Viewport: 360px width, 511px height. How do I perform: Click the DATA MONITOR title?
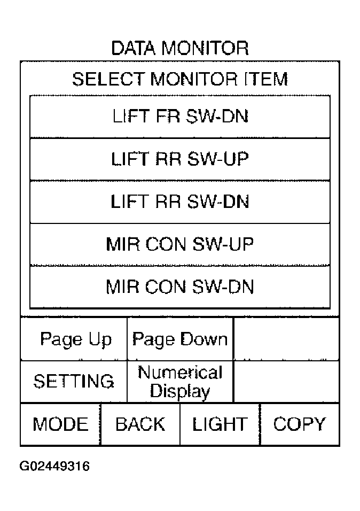coord(180,48)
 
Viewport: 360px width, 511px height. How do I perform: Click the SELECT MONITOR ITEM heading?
coord(180,79)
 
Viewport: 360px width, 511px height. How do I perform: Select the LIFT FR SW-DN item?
coord(180,117)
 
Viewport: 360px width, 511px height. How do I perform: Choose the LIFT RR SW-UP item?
coord(180,159)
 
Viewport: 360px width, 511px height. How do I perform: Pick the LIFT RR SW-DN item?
coord(180,202)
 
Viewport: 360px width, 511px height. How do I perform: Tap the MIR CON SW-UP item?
coord(180,244)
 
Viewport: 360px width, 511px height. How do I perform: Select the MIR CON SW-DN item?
coord(180,287)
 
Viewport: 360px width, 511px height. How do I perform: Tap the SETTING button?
coord(74,382)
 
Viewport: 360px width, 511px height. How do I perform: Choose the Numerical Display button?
coord(180,382)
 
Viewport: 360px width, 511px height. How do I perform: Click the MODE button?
coord(60,424)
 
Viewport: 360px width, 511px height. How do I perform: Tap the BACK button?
coord(140,424)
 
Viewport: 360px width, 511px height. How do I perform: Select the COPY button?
coord(300,424)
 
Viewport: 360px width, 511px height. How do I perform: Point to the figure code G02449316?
coord(54,466)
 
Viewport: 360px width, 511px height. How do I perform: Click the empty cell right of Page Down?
coord(286,339)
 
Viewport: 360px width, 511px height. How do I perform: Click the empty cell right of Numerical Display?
coord(286,382)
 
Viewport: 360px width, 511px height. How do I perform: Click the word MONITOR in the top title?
coord(205,48)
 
